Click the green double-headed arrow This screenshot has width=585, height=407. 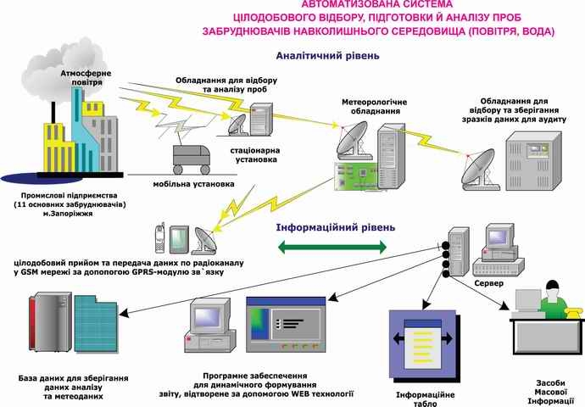pos(332,247)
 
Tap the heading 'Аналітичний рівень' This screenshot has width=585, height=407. pos(327,56)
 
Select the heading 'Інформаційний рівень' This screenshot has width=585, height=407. pos(336,227)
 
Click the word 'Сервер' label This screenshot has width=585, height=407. pos(488,283)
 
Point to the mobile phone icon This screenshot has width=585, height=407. pos(159,238)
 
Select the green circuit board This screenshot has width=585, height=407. pos(355,176)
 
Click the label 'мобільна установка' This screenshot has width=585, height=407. pos(193,184)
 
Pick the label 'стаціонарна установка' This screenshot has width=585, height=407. pos(255,155)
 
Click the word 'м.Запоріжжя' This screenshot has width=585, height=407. pos(68,214)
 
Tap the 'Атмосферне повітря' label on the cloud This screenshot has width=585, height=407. pos(86,78)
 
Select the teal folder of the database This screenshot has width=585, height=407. pos(96,324)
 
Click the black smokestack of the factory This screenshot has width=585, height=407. pos(53,112)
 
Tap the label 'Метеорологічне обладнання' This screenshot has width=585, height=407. pos(374,107)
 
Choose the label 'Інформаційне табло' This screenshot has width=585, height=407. pos(426,399)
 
